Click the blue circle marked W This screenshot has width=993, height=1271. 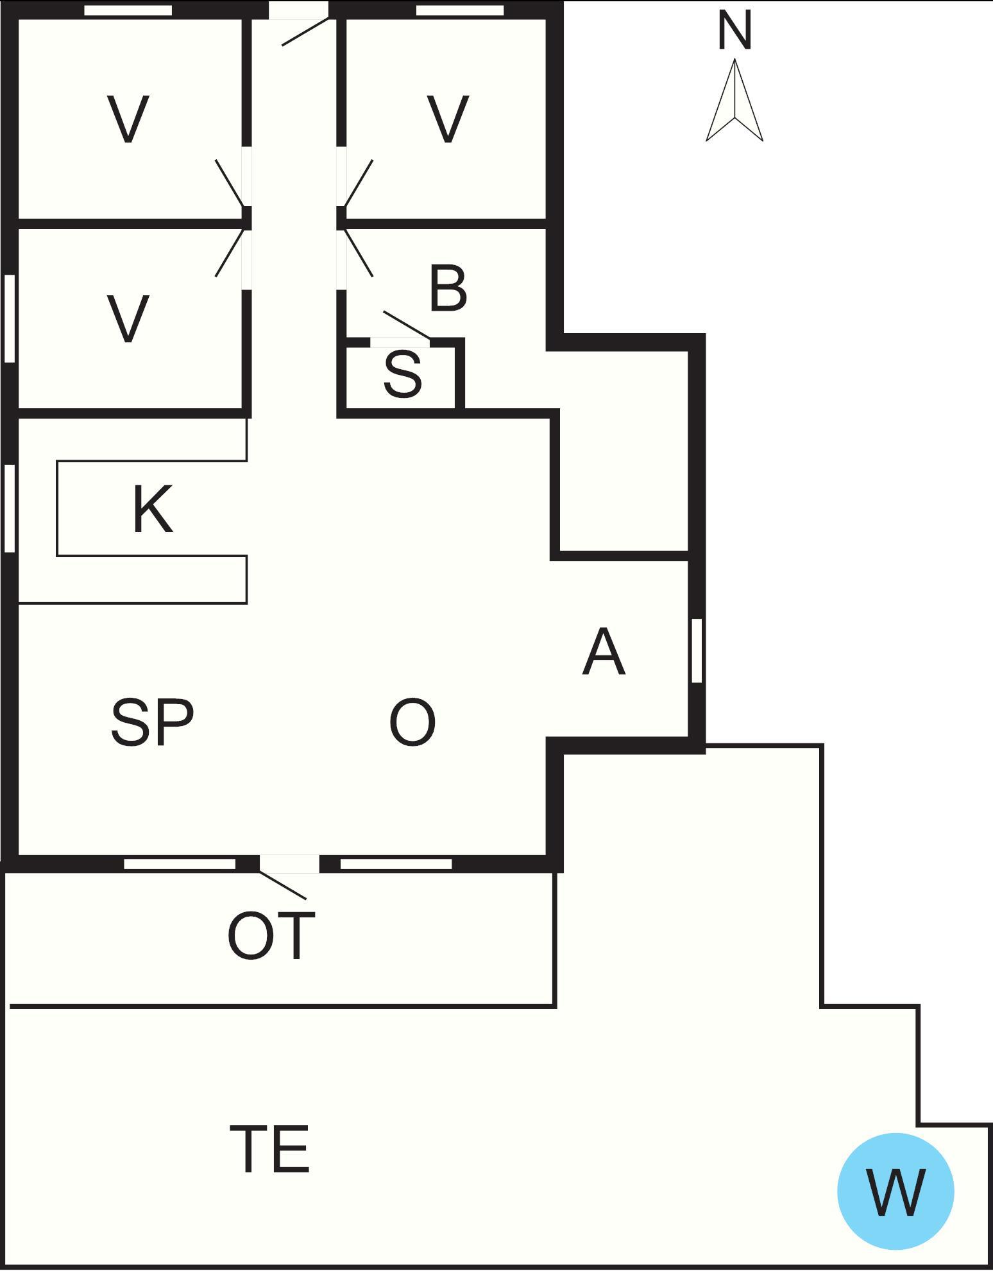pos(895,1191)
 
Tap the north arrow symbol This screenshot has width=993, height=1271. pos(734,100)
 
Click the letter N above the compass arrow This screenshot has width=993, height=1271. pos(734,31)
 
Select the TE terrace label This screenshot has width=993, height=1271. pos(269,1149)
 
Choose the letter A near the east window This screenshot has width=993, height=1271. pos(604,652)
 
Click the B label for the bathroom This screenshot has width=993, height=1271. pos(448,289)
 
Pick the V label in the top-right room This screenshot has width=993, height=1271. pos(448,119)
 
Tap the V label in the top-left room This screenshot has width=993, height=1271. pos(128,119)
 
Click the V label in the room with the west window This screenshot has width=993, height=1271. pos(128,318)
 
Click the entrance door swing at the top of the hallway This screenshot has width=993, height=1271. pos(305,31)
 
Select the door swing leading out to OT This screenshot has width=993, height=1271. pos(283,885)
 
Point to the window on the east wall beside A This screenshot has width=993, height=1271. pos(697,650)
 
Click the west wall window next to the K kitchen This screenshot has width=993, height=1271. pos(10,508)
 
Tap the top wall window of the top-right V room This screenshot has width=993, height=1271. pos(460,10)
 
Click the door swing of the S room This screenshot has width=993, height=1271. pos(407,325)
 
